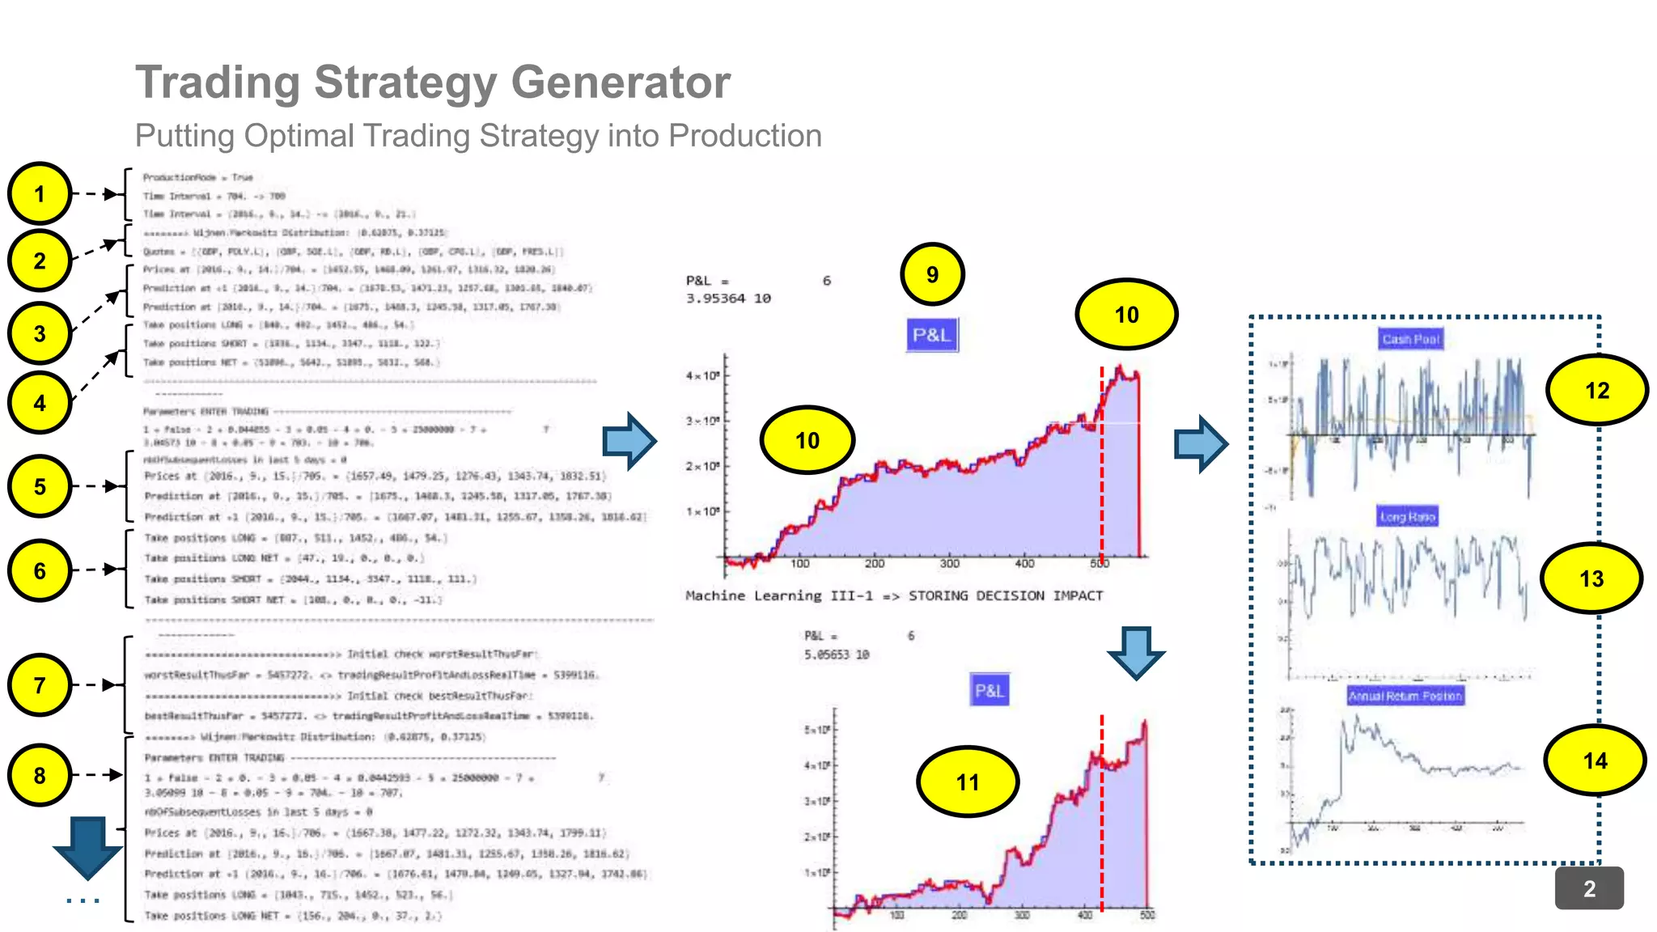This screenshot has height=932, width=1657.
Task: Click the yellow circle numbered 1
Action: [x=40, y=194]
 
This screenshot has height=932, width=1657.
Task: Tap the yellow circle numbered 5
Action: [x=40, y=486]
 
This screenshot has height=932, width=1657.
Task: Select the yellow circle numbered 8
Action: [x=40, y=775]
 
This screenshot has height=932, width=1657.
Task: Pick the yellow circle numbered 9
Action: [x=932, y=274]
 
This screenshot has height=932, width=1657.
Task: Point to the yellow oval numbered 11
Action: [x=967, y=782]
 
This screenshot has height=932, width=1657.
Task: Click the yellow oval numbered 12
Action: [x=1596, y=391]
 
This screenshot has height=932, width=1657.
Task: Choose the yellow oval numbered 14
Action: [x=1595, y=760]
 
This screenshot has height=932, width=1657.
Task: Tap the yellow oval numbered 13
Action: [x=1591, y=578]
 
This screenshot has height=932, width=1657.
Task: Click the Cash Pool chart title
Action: [x=1410, y=339]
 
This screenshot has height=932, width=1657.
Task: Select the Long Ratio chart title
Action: [x=1407, y=516]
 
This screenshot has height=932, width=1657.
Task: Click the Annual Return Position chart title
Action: [x=1405, y=696]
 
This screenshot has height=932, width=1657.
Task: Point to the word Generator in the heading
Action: [x=621, y=83]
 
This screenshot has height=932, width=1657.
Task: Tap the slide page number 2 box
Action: [x=1589, y=888]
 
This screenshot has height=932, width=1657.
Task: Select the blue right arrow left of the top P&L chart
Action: [x=629, y=441]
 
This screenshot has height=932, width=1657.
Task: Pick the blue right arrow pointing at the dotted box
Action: [x=1201, y=443]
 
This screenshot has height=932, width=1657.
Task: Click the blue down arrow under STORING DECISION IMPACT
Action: [x=1136, y=651]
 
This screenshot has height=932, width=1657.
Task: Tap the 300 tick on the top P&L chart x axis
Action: [x=949, y=563]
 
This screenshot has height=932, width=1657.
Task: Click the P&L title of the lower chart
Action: [x=989, y=691]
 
